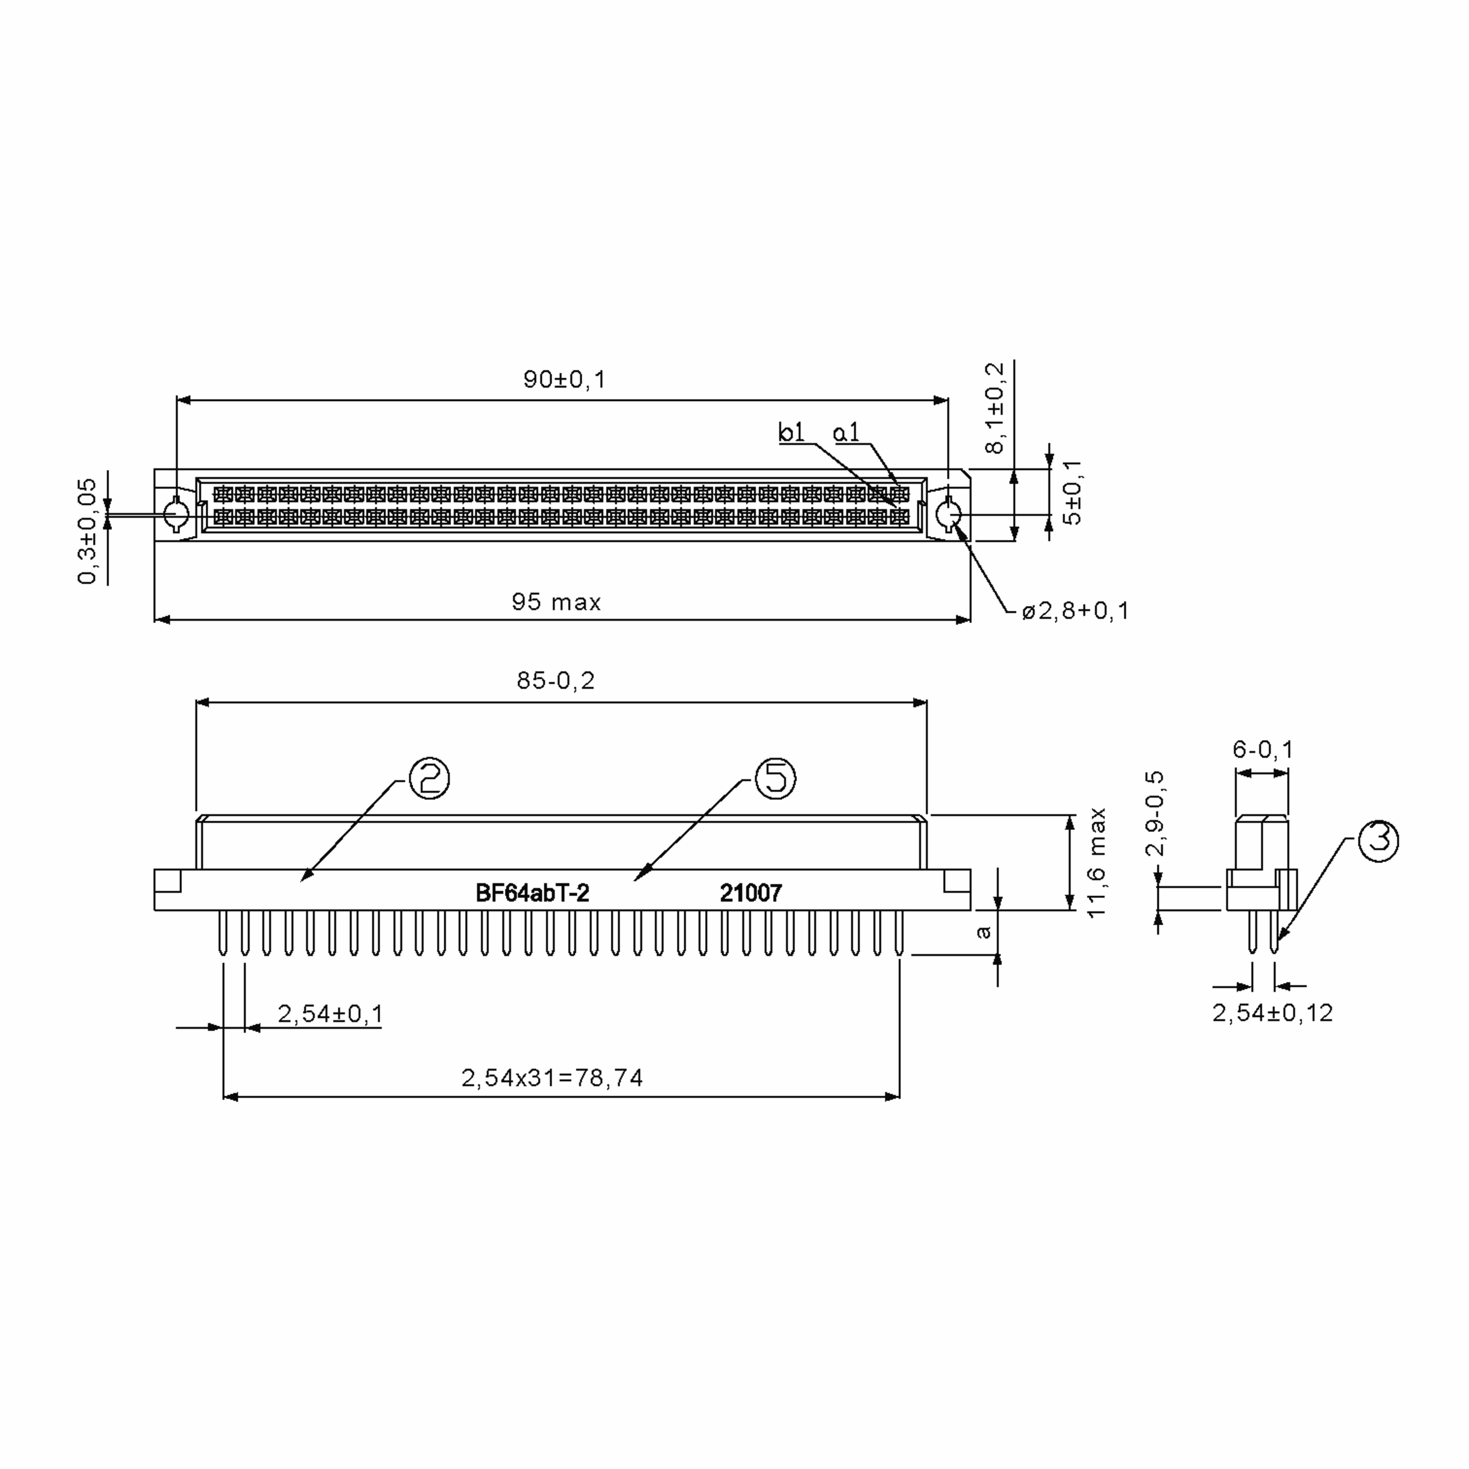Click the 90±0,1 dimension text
click(x=564, y=379)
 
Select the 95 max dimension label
click(x=556, y=602)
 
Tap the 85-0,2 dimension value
click(x=556, y=681)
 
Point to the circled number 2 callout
click(x=430, y=778)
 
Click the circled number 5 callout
click(x=775, y=778)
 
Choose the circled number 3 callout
click(x=1378, y=840)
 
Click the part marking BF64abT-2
click(x=533, y=892)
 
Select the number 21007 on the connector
click(x=750, y=892)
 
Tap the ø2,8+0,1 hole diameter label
click(x=1075, y=611)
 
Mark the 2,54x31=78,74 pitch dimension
click(x=552, y=1078)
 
